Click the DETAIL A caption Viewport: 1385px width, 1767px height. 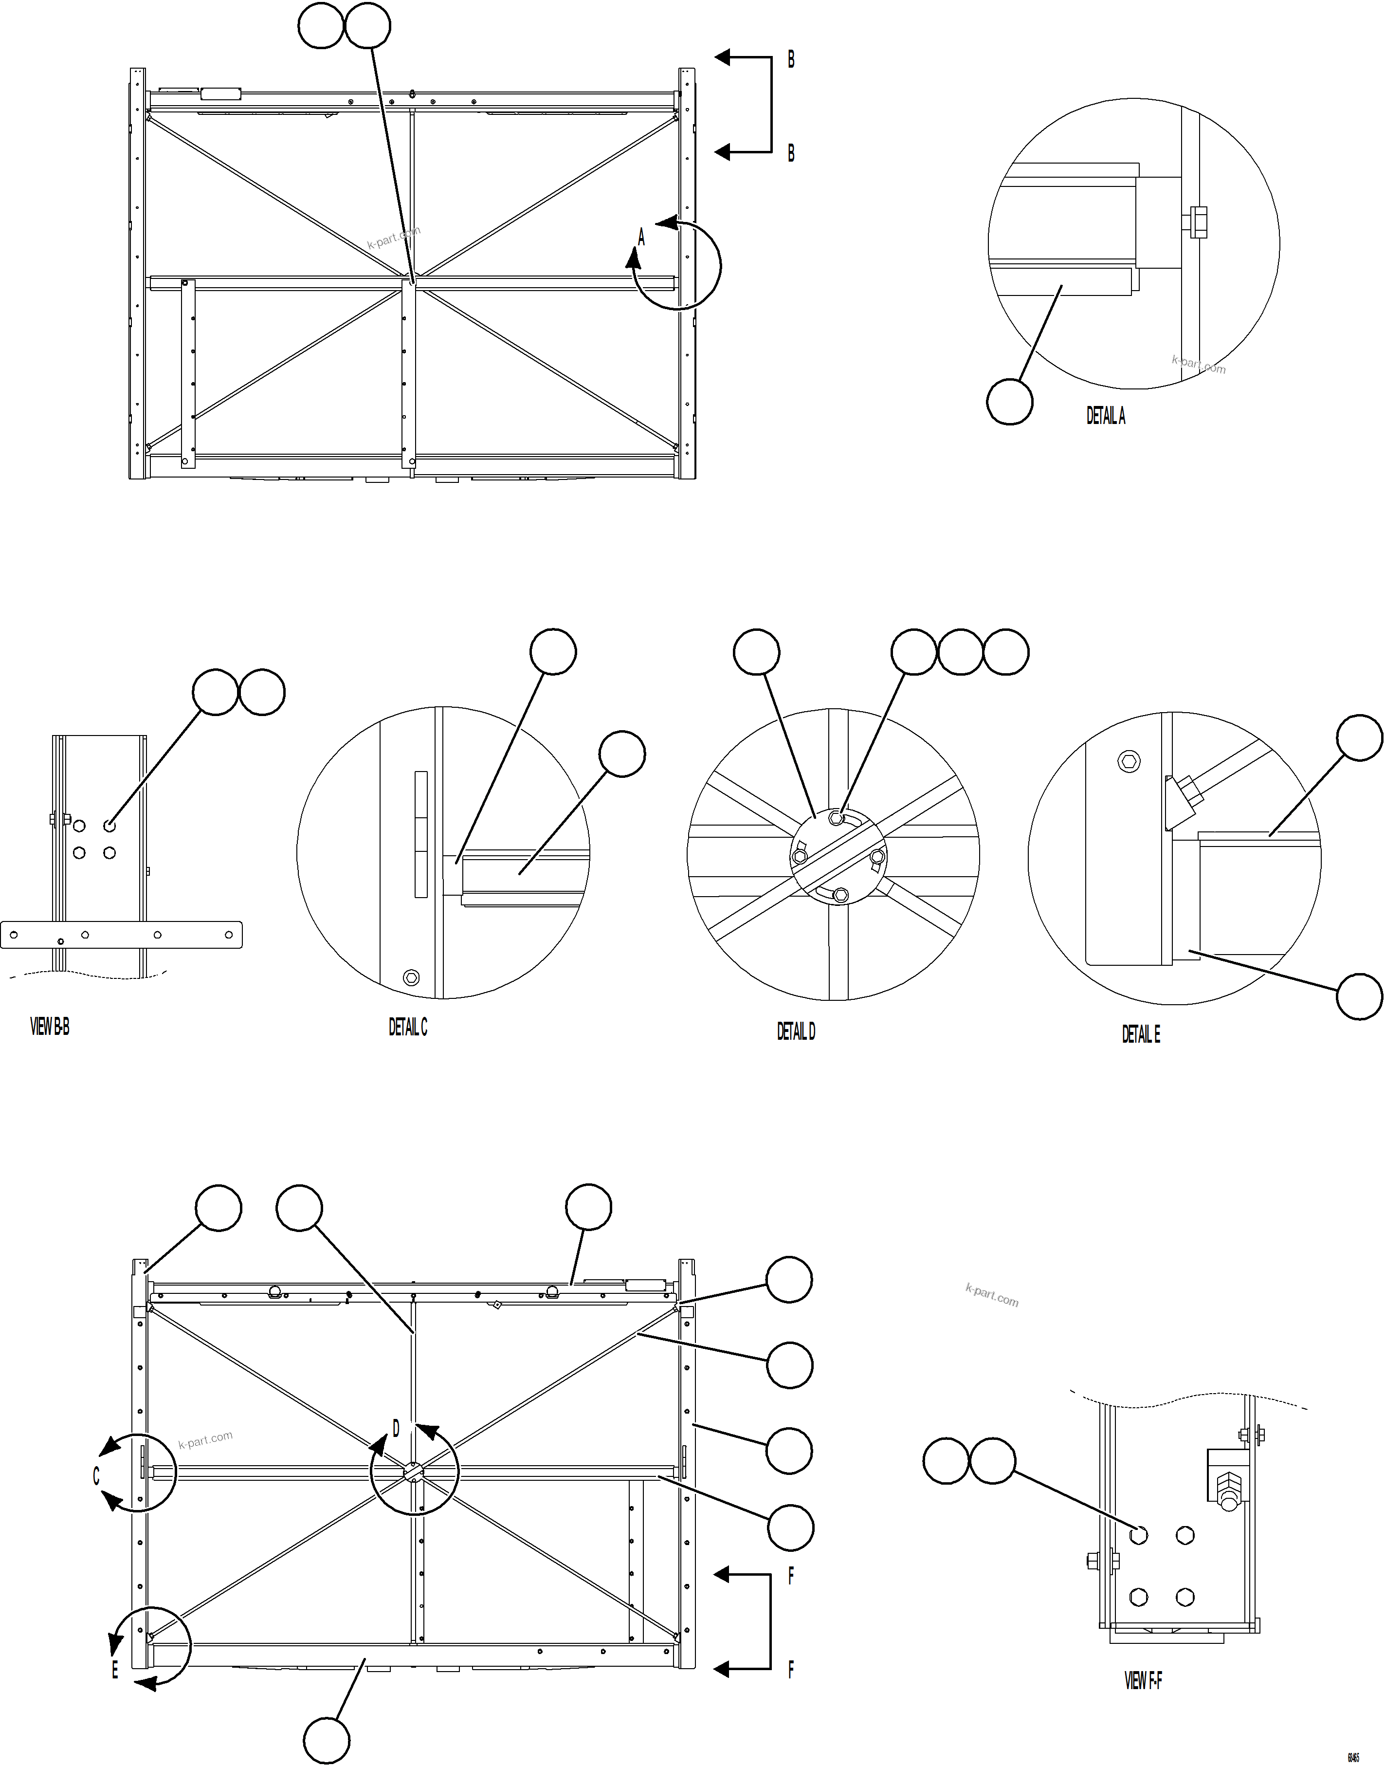tap(1105, 416)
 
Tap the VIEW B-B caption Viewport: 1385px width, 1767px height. tap(50, 1028)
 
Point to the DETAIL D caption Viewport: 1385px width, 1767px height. tap(796, 1031)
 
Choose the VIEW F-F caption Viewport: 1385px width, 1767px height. tap(1143, 1681)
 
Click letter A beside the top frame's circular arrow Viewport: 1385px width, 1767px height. tap(641, 238)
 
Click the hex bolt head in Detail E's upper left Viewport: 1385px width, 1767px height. tap(1128, 761)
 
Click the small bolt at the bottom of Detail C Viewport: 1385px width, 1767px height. tap(411, 976)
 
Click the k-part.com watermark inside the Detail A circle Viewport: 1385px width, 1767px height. tap(1199, 364)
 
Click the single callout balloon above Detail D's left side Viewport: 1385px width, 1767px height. tap(757, 651)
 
